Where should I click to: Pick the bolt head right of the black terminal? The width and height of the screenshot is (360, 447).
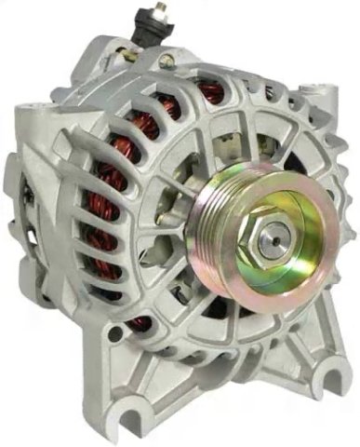(x=168, y=58)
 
